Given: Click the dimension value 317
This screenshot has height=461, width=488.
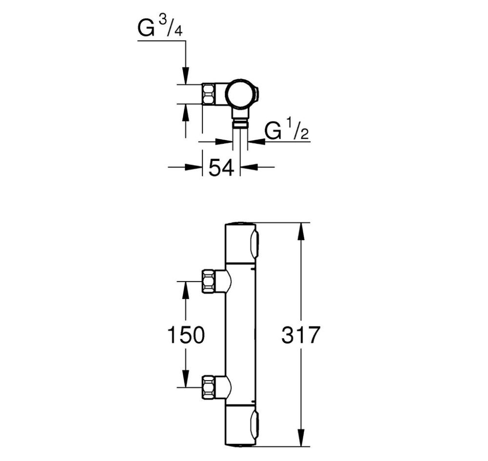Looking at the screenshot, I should click(x=300, y=335).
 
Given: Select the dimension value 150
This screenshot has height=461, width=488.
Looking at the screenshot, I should click(x=185, y=335).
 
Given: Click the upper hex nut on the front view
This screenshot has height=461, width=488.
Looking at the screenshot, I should click(x=209, y=282).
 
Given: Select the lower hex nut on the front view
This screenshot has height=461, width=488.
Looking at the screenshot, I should click(x=209, y=387).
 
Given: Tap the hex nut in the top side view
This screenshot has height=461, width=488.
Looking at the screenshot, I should click(x=209, y=94).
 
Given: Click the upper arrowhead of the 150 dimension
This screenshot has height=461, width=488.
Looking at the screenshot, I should click(x=185, y=290).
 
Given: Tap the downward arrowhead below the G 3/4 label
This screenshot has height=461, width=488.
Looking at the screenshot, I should click(x=185, y=76).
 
